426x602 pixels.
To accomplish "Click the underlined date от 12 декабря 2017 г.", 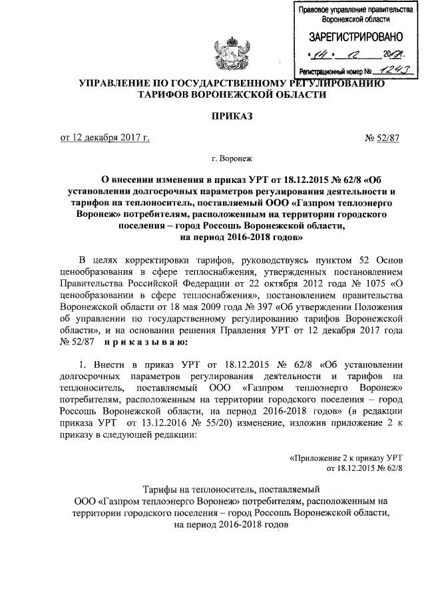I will click(105, 138).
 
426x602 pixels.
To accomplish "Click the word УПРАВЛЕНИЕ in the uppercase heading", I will click(117, 83).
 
